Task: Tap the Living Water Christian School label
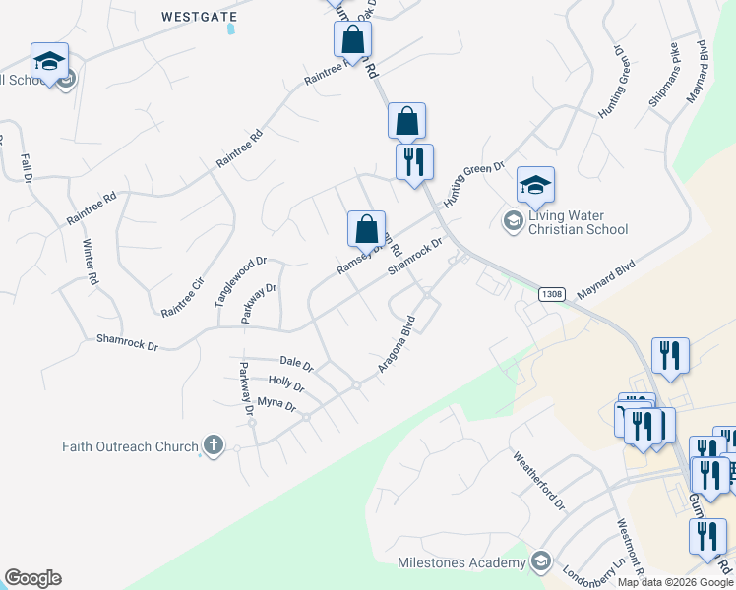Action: pyautogui.click(x=578, y=223)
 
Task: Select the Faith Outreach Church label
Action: pyautogui.click(x=130, y=446)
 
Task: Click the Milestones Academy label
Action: pyautogui.click(x=461, y=562)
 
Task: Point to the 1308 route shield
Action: pyautogui.click(x=552, y=294)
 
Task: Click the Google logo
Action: pyautogui.click(x=32, y=578)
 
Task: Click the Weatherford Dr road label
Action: pyautogui.click(x=539, y=480)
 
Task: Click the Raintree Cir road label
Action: pyautogui.click(x=182, y=297)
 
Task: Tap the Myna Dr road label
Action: pyautogui.click(x=276, y=403)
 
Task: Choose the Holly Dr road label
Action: pyautogui.click(x=285, y=383)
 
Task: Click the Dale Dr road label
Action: pyautogui.click(x=295, y=365)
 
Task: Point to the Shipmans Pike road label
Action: pyautogui.click(x=663, y=75)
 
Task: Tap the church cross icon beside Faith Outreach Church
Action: pyautogui.click(x=212, y=446)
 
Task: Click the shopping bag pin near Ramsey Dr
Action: pyautogui.click(x=366, y=228)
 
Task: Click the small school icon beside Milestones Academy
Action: pyautogui.click(x=540, y=561)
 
